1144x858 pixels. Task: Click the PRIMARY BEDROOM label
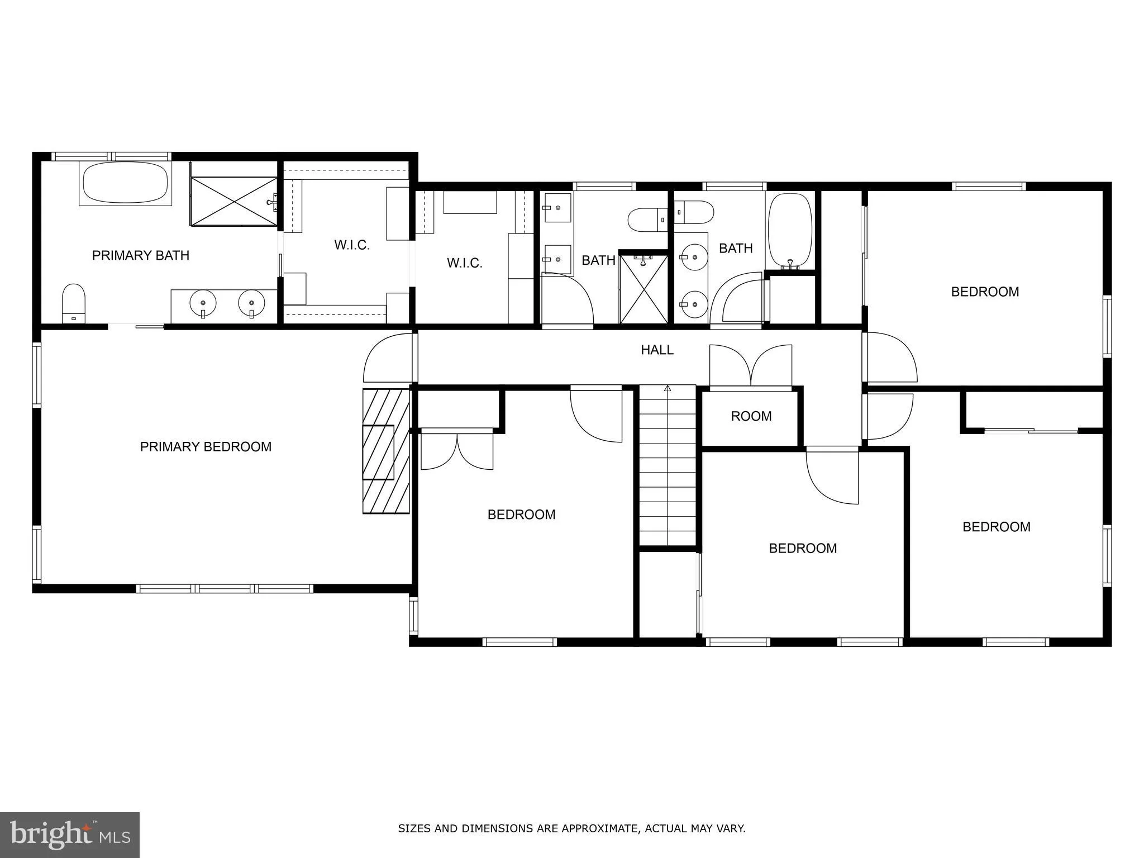(x=206, y=447)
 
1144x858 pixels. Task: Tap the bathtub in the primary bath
(x=125, y=182)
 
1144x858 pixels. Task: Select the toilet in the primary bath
(x=73, y=303)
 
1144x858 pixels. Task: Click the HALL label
(x=657, y=350)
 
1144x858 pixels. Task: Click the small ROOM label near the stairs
(x=751, y=416)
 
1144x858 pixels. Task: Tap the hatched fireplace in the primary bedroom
(x=386, y=451)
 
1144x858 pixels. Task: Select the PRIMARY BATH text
(x=141, y=256)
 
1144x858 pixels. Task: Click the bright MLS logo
(x=69, y=835)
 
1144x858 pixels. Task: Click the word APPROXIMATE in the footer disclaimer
(x=600, y=828)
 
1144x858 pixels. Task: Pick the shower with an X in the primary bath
(x=234, y=202)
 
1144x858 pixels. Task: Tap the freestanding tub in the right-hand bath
(x=790, y=230)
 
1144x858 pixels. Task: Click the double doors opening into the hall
(x=751, y=365)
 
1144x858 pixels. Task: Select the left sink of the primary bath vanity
(x=203, y=304)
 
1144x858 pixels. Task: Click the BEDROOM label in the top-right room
(x=985, y=292)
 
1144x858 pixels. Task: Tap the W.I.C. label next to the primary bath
(x=352, y=245)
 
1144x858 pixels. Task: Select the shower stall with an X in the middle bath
(x=643, y=289)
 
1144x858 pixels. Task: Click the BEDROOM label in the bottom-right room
(x=996, y=527)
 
